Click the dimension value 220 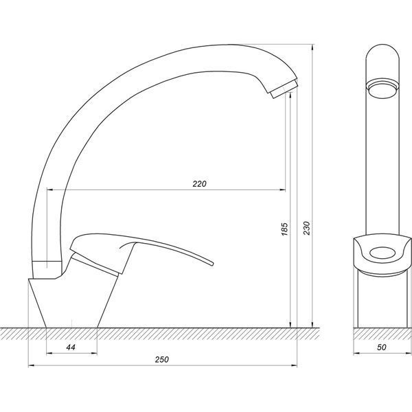(199, 183)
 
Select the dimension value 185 (284, 229)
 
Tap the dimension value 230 (307, 228)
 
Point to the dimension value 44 (71, 347)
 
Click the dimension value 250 (162, 359)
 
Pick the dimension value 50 (382, 347)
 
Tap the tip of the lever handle (212, 263)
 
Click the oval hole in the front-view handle (382, 253)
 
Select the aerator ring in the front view (382, 89)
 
